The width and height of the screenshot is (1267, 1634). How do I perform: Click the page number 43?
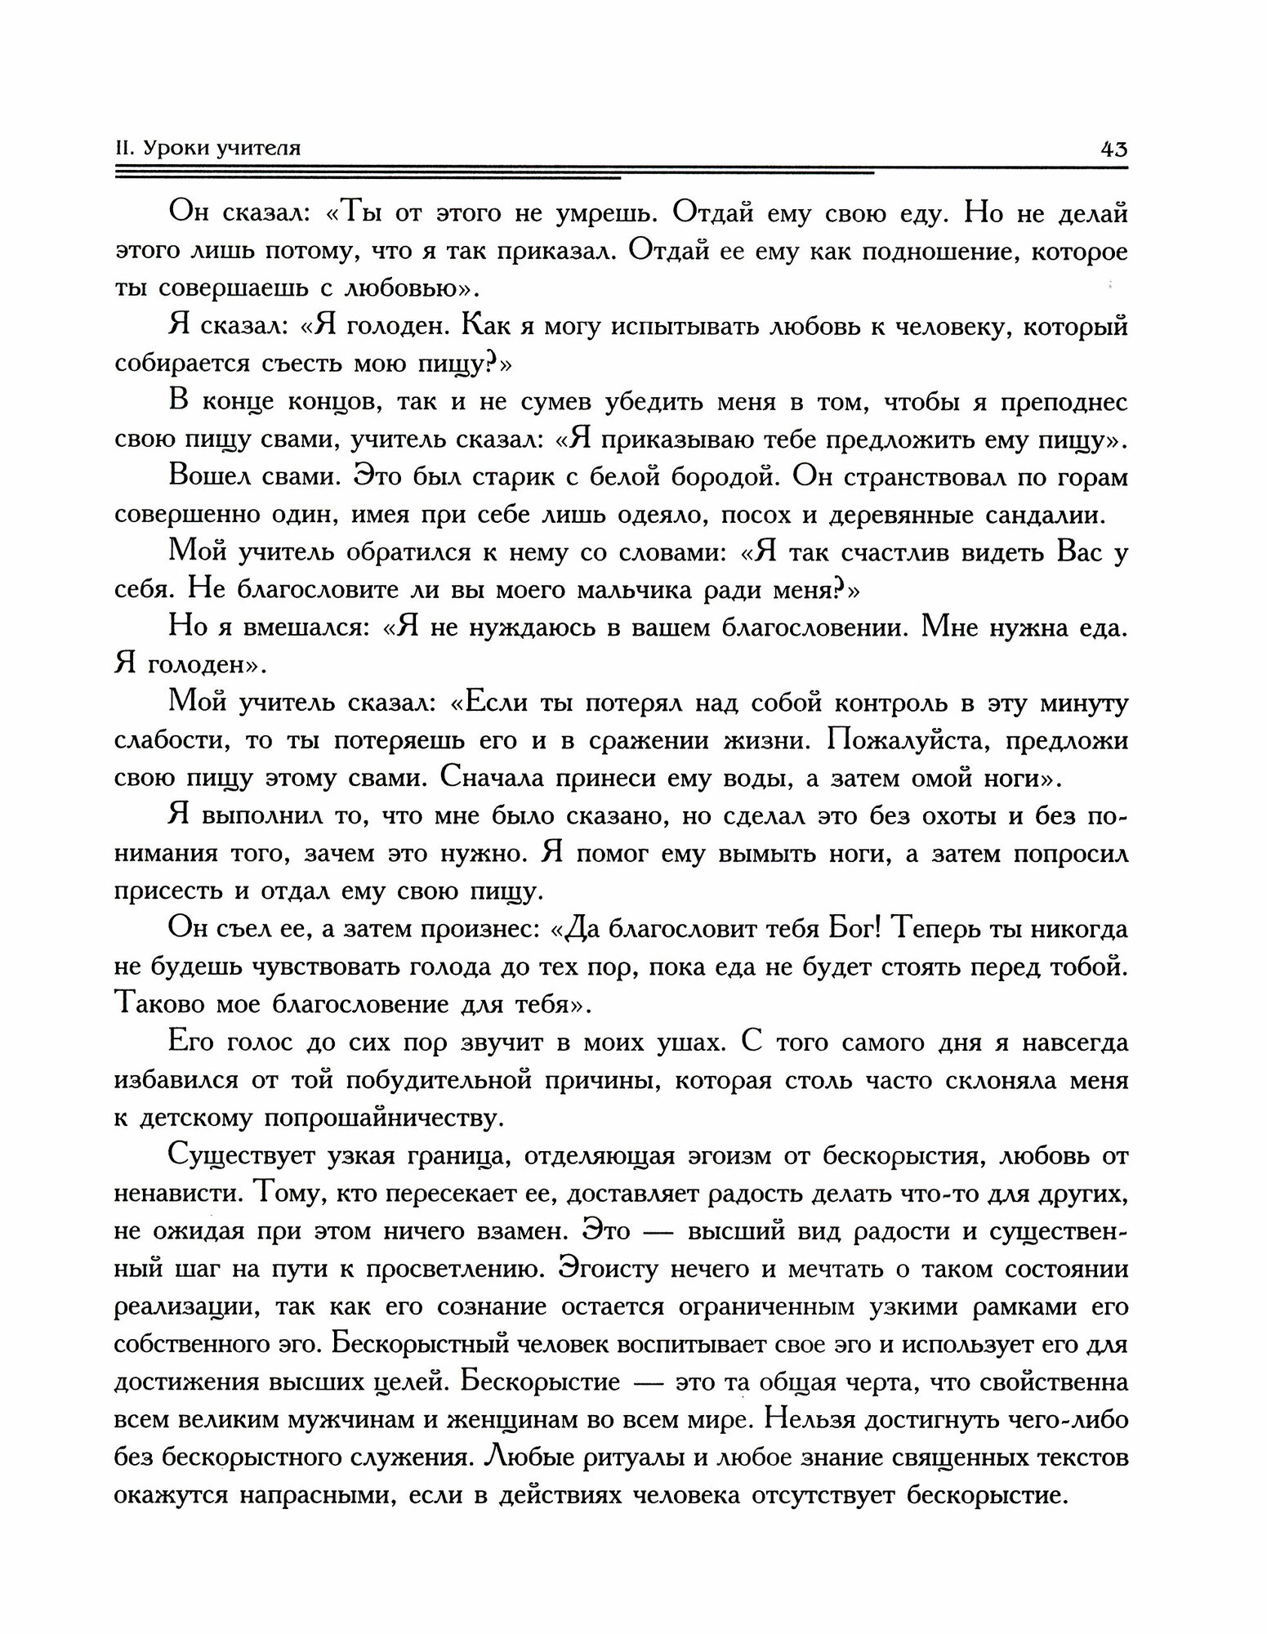[x=1113, y=149]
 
